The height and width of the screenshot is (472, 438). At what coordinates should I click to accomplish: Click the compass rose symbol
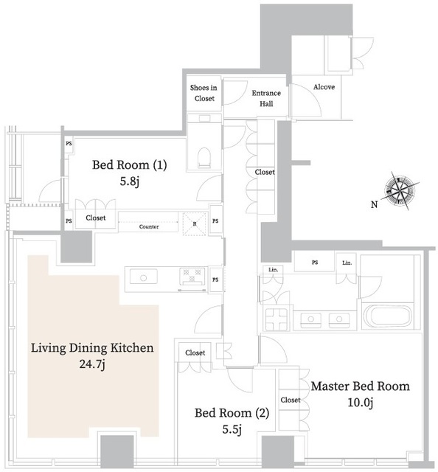pyautogui.click(x=400, y=191)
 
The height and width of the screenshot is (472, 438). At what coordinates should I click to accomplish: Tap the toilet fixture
pyautogui.click(x=204, y=157)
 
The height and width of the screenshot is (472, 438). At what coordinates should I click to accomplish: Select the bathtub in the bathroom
pyautogui.click(x=387, y=316)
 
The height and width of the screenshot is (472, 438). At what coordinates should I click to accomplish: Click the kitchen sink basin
pyautogui.click(x=143, y=277)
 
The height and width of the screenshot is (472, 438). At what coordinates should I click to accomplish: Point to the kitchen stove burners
pyautogui.click(x=192, y=276)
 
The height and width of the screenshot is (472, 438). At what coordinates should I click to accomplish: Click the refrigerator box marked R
pyautogui.click(x=195, y=223)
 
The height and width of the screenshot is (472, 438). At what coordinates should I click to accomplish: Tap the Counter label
pyautogui.click(x=149, y=226)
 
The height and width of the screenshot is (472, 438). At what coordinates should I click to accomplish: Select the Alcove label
pyautogui.click(x=324, y=87)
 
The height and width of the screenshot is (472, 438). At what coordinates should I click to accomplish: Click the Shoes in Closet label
pyautogui.click(x=204, y=93)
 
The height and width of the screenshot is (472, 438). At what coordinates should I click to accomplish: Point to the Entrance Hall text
pyautogui.click(x=266, y=98)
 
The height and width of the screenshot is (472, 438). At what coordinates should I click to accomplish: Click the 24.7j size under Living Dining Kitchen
pyautogui.click(x=92, y=365)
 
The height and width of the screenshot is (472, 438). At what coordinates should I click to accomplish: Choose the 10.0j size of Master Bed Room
pyautogui.click(x=361, y=403)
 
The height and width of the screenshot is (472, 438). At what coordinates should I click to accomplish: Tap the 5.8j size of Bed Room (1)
pyautogui.click(x=130, y=182)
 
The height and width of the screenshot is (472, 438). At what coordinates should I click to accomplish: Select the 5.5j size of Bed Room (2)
pyautogui.click(x=232, y=429)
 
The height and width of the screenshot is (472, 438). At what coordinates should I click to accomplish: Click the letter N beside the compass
pyautogui.click(x=374, y=205)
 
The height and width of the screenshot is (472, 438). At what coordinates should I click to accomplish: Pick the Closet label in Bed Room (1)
pyautogui.click(x=96, y=218)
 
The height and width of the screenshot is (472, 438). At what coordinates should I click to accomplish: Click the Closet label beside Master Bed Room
pyautogui.click(x=291, y=400)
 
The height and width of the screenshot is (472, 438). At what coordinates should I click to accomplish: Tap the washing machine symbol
pyautogui.click(x=277, y=319)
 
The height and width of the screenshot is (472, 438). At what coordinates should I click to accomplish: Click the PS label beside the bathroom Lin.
pyautogui.click(x=315, y=263)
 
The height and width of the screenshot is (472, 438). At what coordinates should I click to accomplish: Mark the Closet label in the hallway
pyautogui.click(x=265, y=172)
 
